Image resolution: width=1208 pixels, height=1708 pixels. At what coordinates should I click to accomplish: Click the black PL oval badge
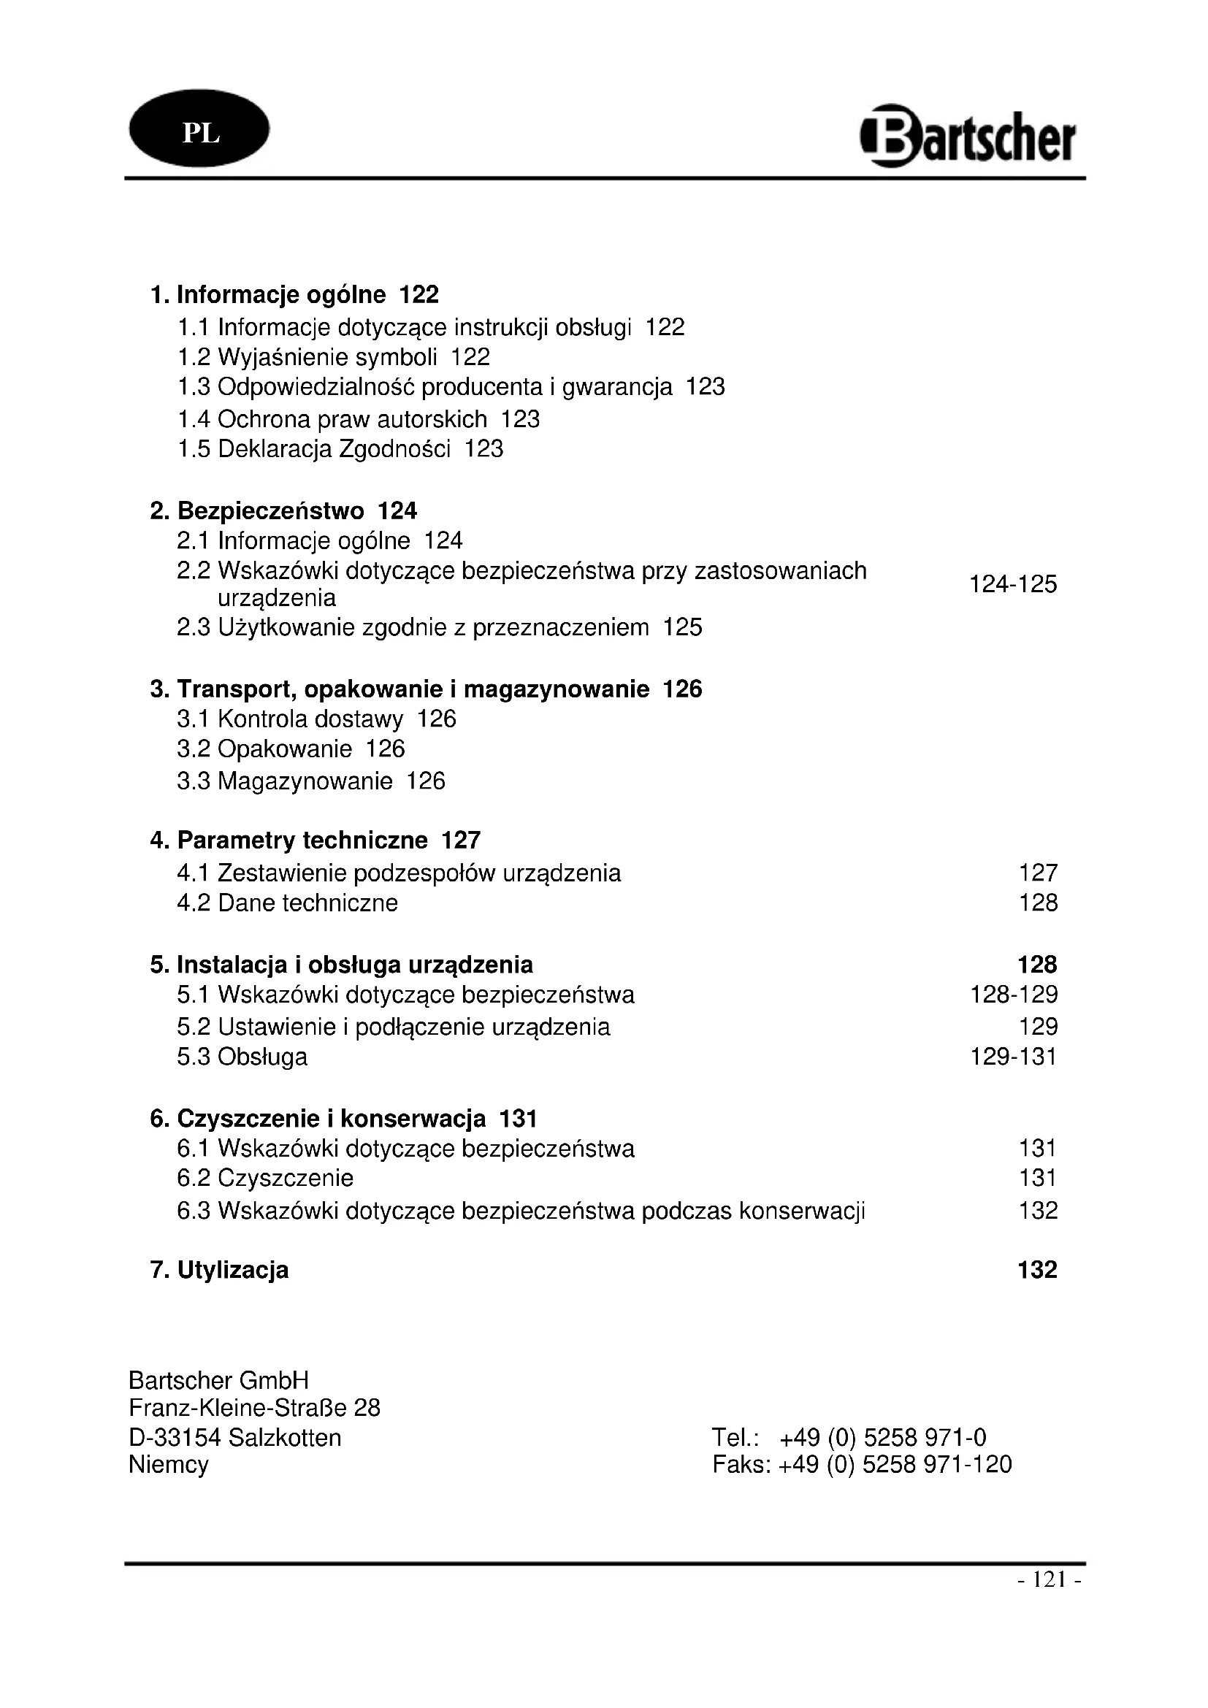[x=199, y=129]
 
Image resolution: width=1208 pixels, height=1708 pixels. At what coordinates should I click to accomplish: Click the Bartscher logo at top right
[x=968, y=136]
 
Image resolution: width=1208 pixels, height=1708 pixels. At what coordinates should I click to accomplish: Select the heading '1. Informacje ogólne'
[x=269, y=295]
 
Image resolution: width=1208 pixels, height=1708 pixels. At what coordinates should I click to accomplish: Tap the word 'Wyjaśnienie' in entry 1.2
[x=283, y=358]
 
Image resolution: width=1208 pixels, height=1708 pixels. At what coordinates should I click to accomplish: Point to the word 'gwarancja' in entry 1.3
[x=616, y=388]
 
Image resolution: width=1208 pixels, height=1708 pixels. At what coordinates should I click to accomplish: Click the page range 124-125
[x=1012, y=585]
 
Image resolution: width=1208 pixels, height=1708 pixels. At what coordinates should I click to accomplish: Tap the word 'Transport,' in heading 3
[x=237, y=689]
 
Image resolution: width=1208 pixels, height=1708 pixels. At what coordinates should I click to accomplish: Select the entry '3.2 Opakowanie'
[x=265, y=749]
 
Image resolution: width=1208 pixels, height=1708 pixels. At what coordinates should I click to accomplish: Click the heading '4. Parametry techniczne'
[x=289, y=840]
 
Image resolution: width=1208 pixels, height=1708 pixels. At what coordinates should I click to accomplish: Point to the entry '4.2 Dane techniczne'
[x=288, y=903]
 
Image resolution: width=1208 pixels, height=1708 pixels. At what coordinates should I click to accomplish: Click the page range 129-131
[x=1013, y=1057]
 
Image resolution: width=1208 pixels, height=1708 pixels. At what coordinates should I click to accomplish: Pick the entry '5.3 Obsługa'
[x=242, y=1057]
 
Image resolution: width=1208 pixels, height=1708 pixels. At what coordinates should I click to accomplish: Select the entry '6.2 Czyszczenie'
[x=266, y=1179]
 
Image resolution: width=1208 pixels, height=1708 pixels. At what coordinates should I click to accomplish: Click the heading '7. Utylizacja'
[x=219, y=1270]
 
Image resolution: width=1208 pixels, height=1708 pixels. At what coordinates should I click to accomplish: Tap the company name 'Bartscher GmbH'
[x=218, y=1381]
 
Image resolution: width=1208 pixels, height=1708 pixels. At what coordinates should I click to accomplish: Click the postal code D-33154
[x=175, y=1438]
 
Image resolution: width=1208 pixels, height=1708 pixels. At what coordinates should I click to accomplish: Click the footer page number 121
[x=1049, y=1579]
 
